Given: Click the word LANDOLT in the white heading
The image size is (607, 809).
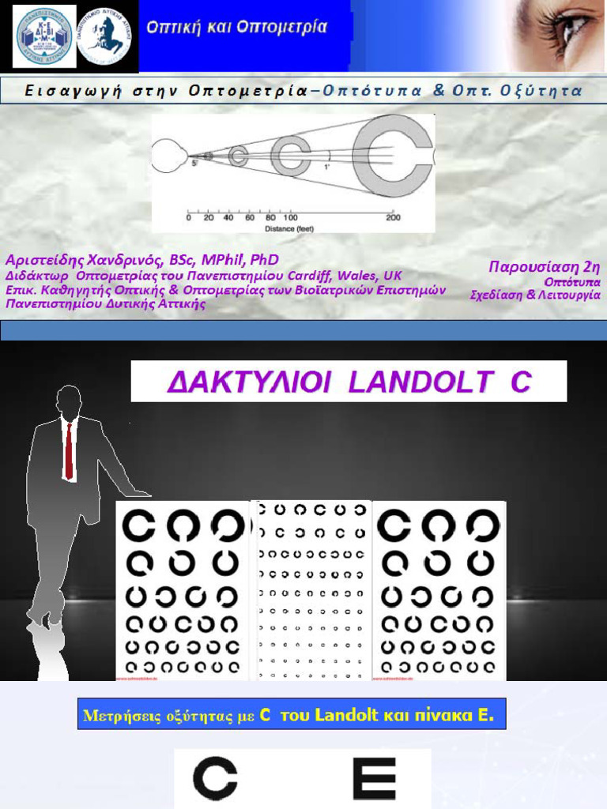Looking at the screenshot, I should pyautogui.click(x=424, y=382).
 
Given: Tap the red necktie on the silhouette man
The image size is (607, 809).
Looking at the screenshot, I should pyautogui.click(x=70, y=450).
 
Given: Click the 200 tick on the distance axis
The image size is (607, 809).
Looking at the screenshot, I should pyautogui.click(x=393, y=217).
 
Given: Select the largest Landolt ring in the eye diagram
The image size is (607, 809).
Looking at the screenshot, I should pyautogui.click(x=392, y=155).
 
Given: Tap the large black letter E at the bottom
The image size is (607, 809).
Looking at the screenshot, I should pyautogui.click(x=373, y=778).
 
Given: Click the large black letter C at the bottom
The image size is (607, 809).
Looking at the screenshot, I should pyautogui.click(x=215, y=778).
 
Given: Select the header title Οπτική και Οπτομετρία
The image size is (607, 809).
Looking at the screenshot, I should pyautogui.click(x=236, y=28).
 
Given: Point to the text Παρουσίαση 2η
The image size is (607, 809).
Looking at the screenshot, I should pyautogui.click(x=545, y=266).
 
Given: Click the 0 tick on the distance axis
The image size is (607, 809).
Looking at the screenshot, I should pyautogui.click(x=188, y=217).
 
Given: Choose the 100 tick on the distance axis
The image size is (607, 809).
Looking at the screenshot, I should pyautogui.click(x=290, y=217).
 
